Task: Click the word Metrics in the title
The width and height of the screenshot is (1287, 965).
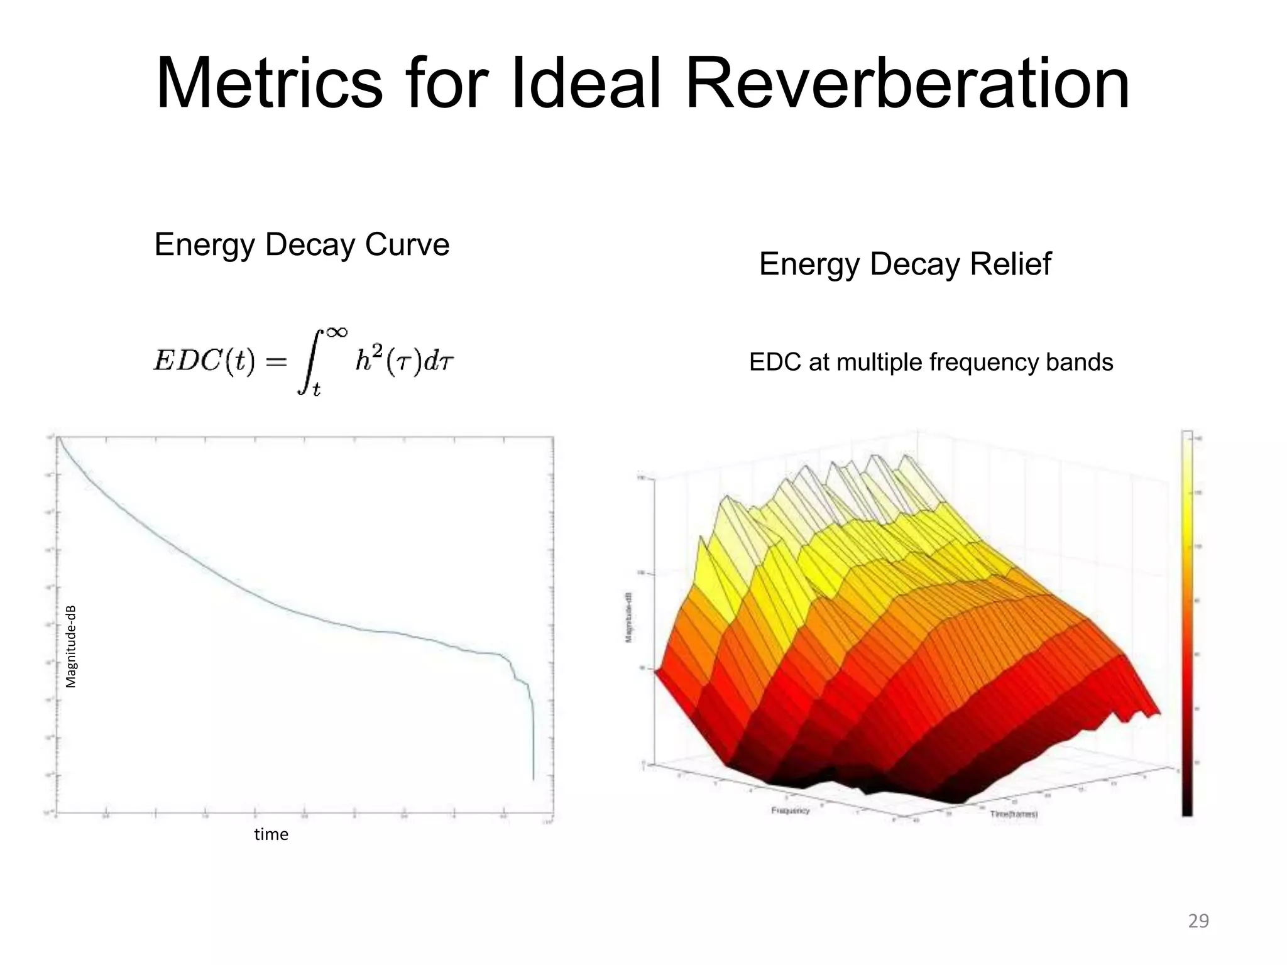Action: click(269, 85)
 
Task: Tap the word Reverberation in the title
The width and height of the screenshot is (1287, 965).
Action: click(907, 85)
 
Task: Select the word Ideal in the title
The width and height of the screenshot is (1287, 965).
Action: click(585, 85)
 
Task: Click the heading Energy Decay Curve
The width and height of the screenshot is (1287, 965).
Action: click(302, 244)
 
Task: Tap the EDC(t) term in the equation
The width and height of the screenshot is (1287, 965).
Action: click(204, 361)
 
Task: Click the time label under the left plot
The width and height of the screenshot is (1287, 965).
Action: click(271, 834)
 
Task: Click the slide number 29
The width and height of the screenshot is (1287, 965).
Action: click(1198, 921)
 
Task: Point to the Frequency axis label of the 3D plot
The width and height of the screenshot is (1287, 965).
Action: click(790, 810)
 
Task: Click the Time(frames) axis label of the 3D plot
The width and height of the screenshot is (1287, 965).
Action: click(1014, 814)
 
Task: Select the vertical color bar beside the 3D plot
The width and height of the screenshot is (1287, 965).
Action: click(1186, 622)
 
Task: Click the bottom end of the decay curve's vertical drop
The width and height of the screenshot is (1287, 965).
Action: click(534, 779)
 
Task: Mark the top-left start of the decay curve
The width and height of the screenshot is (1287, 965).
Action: click(58, 439)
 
